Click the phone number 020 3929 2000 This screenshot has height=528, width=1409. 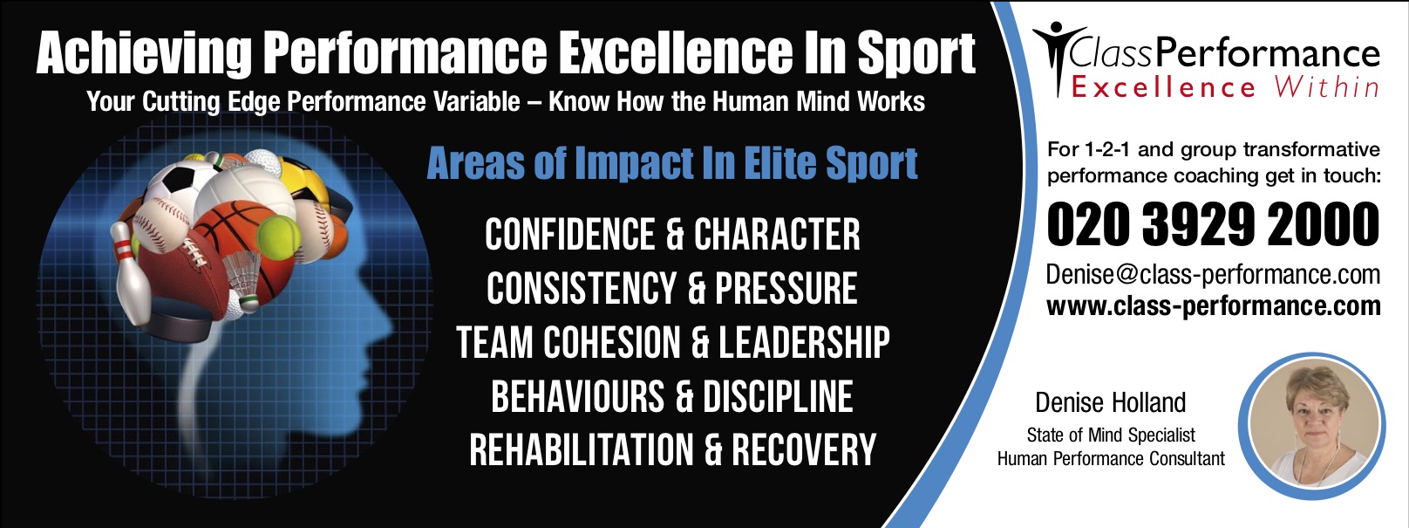pyautogui.click(x=1214, y=224)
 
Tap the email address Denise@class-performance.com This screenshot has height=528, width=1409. pyautogui.click(x=1214, y=275)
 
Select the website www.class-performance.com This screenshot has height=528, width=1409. pyautogui.click(x=1214, y=306)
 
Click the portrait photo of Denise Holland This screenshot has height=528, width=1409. pyautogui.click(x=1312, y=426)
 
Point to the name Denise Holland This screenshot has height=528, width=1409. pyautogui.click(x=1111, y=403)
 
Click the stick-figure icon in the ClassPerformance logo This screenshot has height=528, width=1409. pyautogui.click(x=1059, y=58)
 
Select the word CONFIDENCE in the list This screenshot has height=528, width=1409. pyautogui.click(x=569, y=235)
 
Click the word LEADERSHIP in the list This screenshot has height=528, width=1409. pyautogui.click(x=804, y=343)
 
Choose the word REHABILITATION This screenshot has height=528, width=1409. pyautogui.click(x=582, y=450)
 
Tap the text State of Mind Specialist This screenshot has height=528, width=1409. pyautogui.click(x=1111, y=435)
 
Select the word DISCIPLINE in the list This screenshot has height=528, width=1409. pyautogui.click(x=778, y=396)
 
